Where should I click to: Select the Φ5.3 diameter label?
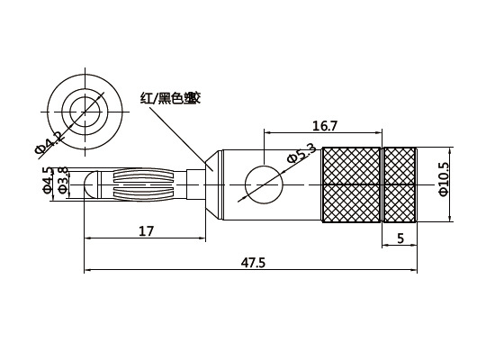(x=301, y=154)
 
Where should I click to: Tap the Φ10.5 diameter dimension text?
(x=442, y=179)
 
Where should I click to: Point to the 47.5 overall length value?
(x=253, y=263)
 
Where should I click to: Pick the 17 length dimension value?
(x=147, y=231)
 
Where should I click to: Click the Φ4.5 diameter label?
(x=47, y=180)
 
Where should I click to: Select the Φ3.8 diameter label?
(x=62, y=180)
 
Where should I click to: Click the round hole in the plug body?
(x=263, y=184)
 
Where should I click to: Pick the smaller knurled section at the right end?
(x=400, y=184)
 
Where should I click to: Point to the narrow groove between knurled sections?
(x=382, y=184)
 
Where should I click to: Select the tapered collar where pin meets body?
(x=209, y=184)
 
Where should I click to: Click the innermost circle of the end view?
(x=84, y=110)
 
